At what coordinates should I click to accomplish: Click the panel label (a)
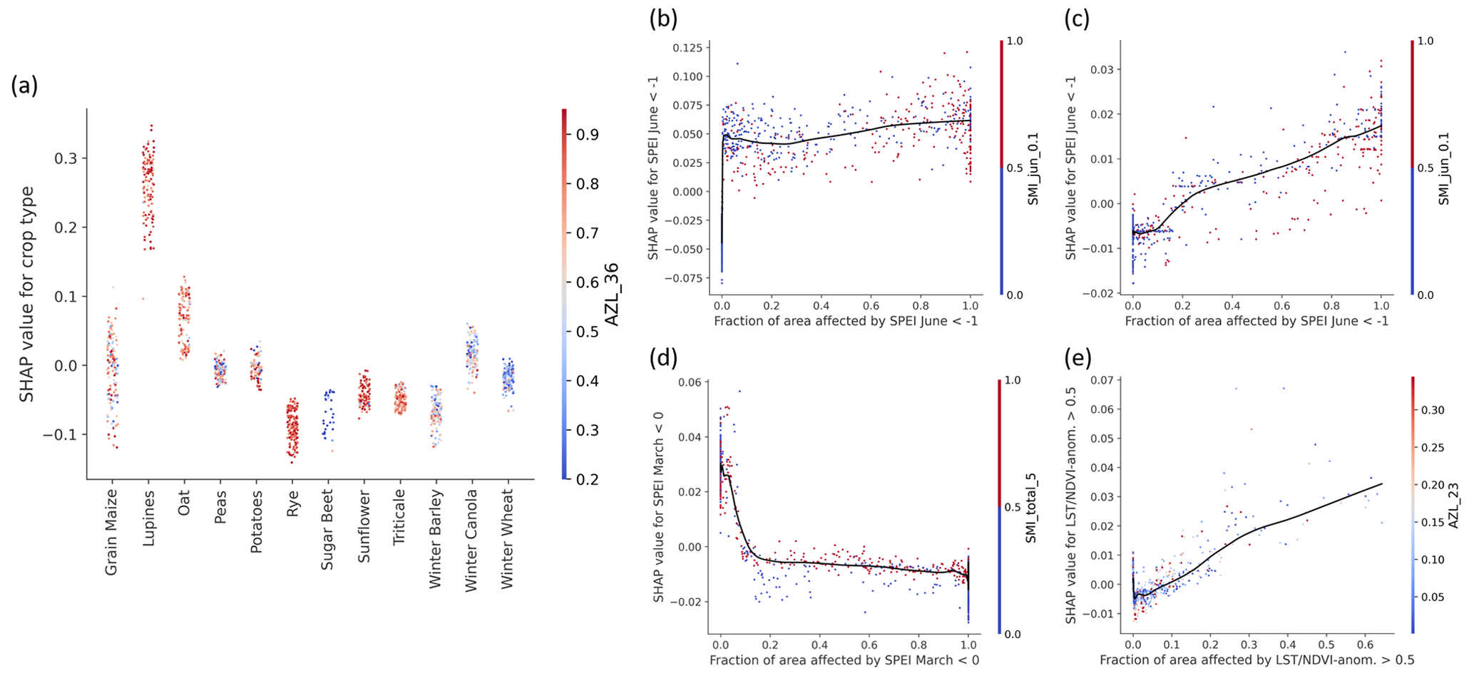tap(24, 86)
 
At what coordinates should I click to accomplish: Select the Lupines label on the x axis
tap(148, 516)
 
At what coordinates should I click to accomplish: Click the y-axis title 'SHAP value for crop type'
tap(26, 294)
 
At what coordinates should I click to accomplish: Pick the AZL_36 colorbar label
tap(612, 294)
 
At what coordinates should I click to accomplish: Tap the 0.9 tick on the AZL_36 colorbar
tap(587, 135)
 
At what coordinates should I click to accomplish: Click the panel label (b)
tap(662, 19)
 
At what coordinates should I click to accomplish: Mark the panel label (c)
tap(1077, 19)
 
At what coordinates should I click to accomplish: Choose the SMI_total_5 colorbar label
tap(1031, 506)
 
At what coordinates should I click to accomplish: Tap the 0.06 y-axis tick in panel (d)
tap(690, 382)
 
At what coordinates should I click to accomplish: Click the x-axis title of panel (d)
tap(844, 660)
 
